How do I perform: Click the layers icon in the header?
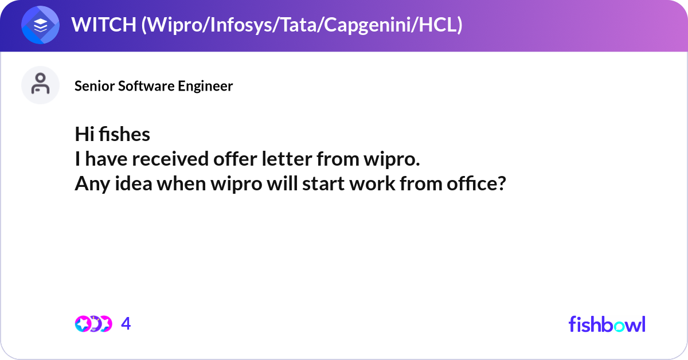(x=41, y=25)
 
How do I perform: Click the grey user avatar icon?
(x=40, y=85)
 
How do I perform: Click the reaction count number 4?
(x=126, y=324)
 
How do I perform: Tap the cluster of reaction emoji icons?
(x=93, y=324)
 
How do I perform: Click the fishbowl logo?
(x=607, y=324)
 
